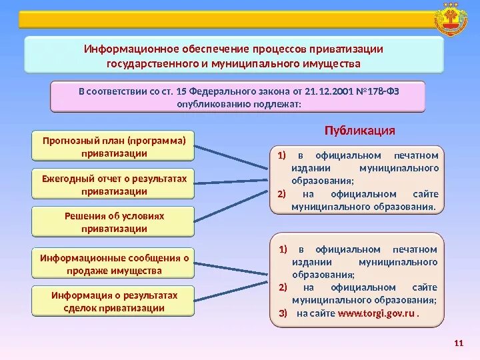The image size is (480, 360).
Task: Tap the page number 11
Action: click(x=457, y=343)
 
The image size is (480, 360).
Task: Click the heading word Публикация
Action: click(x=360, y=130)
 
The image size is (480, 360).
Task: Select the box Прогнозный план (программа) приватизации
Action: click(x=113, y=146)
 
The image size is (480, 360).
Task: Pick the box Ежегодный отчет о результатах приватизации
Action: click(x=113, y=185)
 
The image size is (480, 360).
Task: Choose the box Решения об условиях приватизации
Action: click(x=113, y=222)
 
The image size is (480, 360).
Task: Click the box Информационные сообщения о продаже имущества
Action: click(x=113, y=264)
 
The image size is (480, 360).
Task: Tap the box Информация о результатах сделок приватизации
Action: click(x=113, y=301)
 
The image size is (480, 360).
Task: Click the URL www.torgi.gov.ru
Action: click(x=377, y=313)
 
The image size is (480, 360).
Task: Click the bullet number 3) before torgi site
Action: click(x=282, y=313)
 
